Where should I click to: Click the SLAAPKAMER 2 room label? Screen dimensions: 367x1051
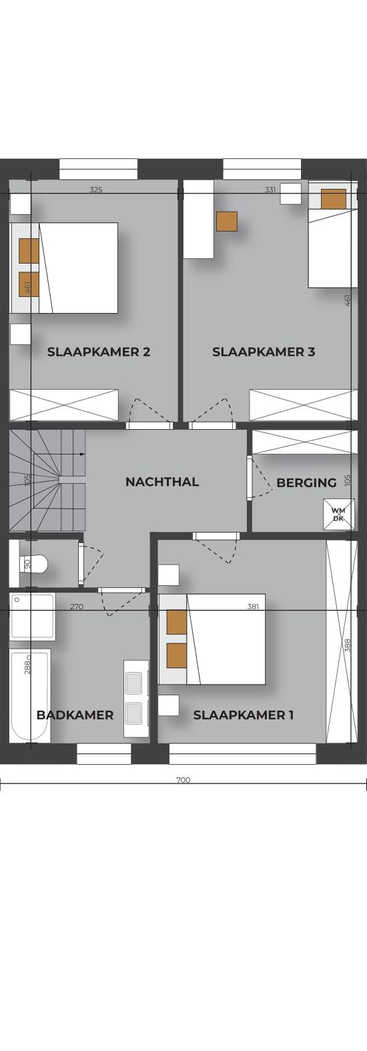99,352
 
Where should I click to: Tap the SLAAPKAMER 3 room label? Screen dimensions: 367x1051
264,352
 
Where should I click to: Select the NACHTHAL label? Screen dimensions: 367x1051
162,481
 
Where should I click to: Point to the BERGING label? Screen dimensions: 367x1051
306,482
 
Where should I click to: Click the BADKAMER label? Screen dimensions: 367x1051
75,715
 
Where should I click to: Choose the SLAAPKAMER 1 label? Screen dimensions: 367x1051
244,715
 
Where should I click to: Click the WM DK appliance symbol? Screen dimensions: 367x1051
338,514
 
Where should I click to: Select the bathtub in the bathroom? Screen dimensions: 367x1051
29,696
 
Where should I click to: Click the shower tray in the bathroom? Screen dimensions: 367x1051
33,616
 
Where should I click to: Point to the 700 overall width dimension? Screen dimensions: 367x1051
183,780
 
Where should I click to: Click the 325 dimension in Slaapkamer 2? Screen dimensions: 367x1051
95,190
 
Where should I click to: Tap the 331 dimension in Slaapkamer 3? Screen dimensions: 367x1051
270,190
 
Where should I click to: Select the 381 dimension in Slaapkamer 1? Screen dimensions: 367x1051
253,606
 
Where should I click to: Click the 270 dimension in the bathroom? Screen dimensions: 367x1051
77,606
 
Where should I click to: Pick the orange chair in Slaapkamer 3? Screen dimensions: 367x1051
227,222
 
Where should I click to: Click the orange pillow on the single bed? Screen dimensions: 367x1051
334,198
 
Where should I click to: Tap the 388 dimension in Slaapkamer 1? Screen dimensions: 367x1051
347,645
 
